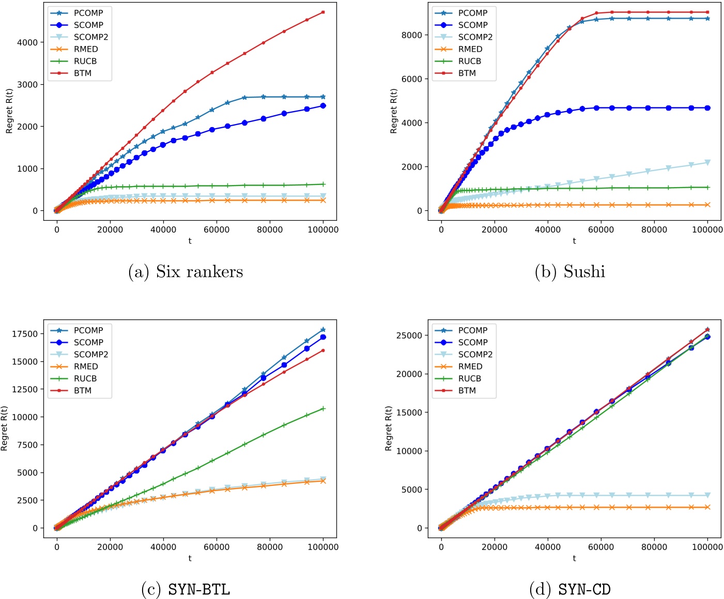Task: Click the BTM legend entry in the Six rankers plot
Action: pyautogui.click(x=82, y=73)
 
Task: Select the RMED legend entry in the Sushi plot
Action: pyautogui.click(x=470, y=49)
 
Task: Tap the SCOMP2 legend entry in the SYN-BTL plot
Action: pyautogui.click(x=90, y=355)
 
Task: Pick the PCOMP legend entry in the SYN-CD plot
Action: pyautogui.click(x=472, y=330)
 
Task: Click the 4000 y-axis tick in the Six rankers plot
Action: pyautogui.click(x=27, y=42)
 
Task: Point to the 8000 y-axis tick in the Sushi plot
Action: pyautogui.click(x=412, y=35)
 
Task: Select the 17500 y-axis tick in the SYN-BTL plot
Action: pyautogui.click(x=25, y=334)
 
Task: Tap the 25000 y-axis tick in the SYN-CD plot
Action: pyautogui.click(x=409, y=335)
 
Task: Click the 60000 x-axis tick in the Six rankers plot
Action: pyautogui.click(x=217, y=230)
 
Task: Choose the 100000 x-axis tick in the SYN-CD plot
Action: pyautogui.click(x=707, y=547)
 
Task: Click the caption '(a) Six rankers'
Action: pyautogui.click(x=186, y=272)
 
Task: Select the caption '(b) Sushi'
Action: pyautogui.click(x=569, y=272)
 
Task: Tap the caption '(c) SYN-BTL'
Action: pyautogui.click(x=186, y=589)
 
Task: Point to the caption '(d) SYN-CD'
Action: pyautogui.click(x=569, y=589)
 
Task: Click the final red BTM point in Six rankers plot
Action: pyautogui.click(x=323, y=12)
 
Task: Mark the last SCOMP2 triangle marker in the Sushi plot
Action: pyautogui.click(x=707, y=162)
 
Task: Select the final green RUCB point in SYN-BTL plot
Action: pyautogui.click(x=323, y=408)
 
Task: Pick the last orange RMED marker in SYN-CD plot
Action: pyautogui.click(x=707, y=507)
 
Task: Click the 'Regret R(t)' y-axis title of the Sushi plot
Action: pyautogui.click(x=394, y=111)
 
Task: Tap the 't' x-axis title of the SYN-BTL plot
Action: pyautogui.click(x=190, y=558)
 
